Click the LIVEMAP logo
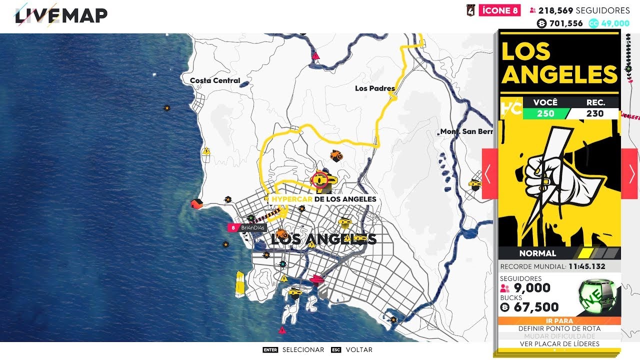(61, 16)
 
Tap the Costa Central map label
(215, 80)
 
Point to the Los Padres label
(374, 88)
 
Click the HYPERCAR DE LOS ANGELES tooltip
(323, 199)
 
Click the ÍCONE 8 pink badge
(499, 10)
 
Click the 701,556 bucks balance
(565, 23)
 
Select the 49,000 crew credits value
(615, 23)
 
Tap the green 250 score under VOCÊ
(545, 113)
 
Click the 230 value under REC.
(595, 113)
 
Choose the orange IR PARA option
(559, 321)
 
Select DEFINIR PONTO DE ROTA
(559, 328)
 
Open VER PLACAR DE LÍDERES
(559, 343)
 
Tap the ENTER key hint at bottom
(270, 350)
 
